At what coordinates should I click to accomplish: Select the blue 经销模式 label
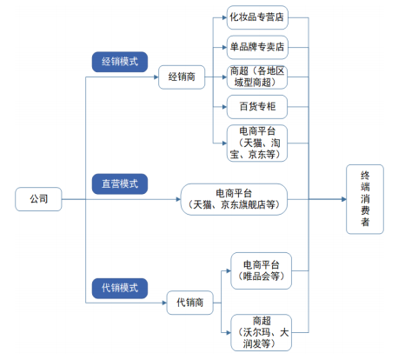click(120, 63)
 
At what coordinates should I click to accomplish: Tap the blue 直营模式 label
click(120, 183)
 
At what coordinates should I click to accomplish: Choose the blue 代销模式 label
click(120, 286)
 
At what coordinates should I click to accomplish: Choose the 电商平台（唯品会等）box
click(261, 270)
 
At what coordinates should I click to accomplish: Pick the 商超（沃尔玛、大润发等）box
click(261, 331)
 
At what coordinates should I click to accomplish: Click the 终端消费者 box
click(365, 199)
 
